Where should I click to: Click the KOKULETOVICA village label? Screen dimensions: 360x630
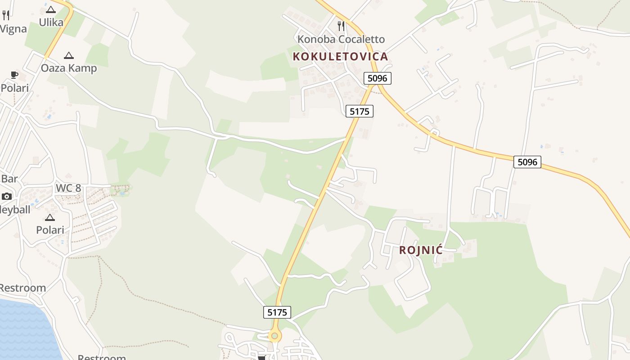pyautogui.click(x=340, y=56)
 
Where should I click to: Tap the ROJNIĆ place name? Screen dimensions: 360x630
pyautogui.click(x=421, y=250)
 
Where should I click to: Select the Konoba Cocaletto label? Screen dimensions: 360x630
pyautogui.click(x=341, y=39)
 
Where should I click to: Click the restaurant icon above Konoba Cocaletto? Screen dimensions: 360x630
pyautogui.click(x=341, y=26)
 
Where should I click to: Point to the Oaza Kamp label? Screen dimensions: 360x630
pyautogui.click(x=69, y=68)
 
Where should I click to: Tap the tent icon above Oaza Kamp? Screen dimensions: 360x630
pyautogui.click(x=68, y=56)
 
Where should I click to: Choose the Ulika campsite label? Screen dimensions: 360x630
pyautogui.click(x=51, y=22)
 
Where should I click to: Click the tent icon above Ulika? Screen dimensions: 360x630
pyautogui.click(x=50, y=9)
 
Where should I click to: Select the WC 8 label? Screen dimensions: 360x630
pyautogui.click(x=68, y=188)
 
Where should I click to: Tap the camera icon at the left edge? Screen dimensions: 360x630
pyautogui.click(x=7, y=196)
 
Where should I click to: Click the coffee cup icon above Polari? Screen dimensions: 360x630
pyautogui.click(x=14, y=75)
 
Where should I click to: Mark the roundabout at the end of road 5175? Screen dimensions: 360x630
pyautogui.click(x=274, y=336)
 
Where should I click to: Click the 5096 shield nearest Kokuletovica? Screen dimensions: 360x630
pyautogui.click(x=377, y=78)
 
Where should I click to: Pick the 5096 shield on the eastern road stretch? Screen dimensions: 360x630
pyautogui.click(x=527, y=162)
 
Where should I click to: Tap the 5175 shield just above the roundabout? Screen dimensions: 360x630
pyautogui.click(x=277, y=312)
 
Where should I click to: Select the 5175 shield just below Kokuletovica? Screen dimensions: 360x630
pyautogui.click(x=360, y=111)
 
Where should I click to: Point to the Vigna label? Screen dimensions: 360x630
pyautogui.click(x=13, y=29)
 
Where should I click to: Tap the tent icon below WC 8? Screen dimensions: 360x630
pyautogui.click(x=50, y=218)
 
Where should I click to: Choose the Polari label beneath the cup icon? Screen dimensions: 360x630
pyautogui.click(x=15, y=88)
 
